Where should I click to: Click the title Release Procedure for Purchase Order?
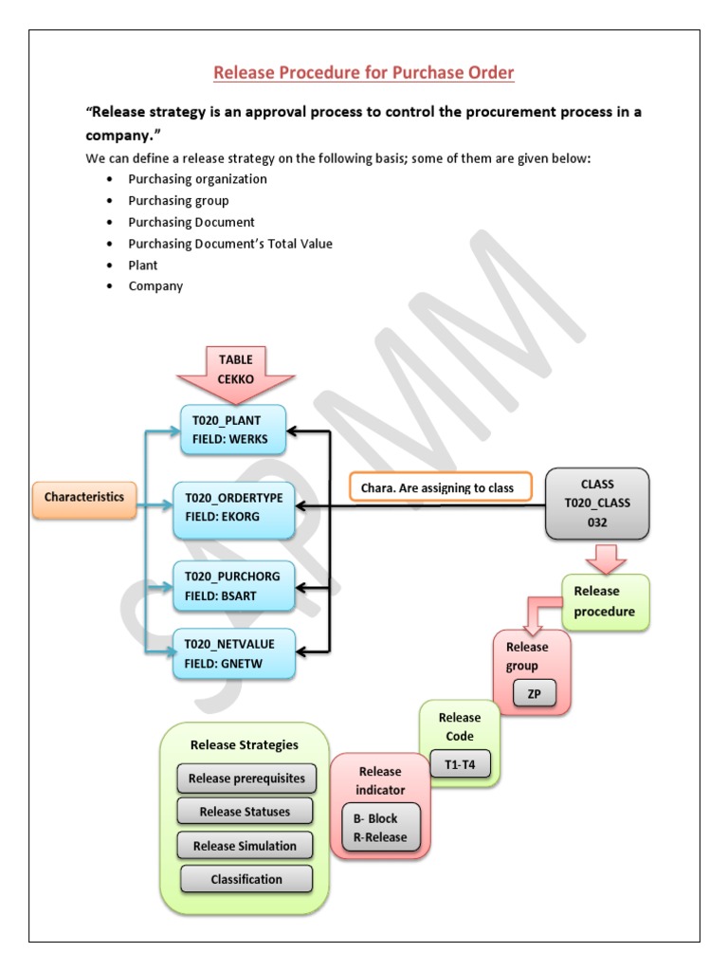[364, 73]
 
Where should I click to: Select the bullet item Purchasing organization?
[198, 179]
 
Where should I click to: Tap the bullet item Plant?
[143, 266]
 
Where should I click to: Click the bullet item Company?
[155, 286]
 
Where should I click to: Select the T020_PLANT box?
[233, 430]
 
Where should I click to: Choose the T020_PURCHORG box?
[233, 585]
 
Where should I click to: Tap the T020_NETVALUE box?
[233, 653]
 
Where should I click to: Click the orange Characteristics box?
[84, 497]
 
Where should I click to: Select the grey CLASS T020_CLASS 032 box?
[597, 503]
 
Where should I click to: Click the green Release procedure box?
[605, 601]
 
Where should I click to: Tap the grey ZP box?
[534, 694]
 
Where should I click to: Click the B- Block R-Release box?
[380, 828]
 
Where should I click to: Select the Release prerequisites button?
[246, 779]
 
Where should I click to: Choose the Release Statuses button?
[245, 812]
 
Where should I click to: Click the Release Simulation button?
[245, 846]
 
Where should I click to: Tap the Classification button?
[246, 879]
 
